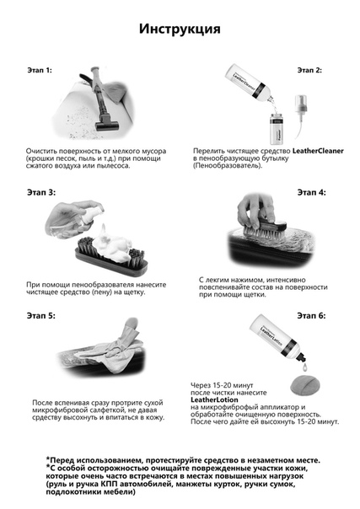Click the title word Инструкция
tap(180, 29)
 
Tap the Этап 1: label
tap(40, 70)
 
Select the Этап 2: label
tap(309, 70)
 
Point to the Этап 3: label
tap(41, 192)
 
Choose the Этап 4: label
tap(312, 192)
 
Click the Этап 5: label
tap(41, 315)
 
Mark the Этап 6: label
tap(311, 315)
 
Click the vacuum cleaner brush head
tap(106, 125)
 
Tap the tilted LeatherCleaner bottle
tap(249, 82)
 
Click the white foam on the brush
tap(110, 244)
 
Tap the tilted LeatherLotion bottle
tap(277, 338)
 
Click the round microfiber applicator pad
tap(304, 385)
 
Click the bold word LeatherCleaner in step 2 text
tap(318, 151)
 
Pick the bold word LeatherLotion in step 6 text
tap(214, 399)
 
